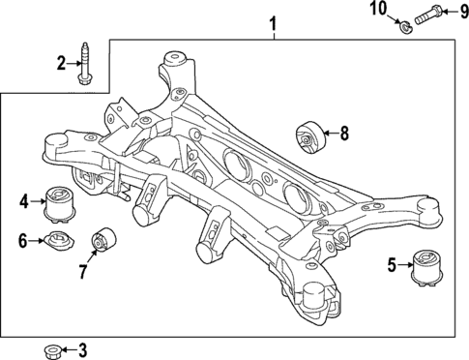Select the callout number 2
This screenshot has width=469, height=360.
pos(61,64)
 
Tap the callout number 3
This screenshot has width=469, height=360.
pos(82,349)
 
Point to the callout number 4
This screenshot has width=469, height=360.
pos(24,202)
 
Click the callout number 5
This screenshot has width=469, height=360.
pos(392,262)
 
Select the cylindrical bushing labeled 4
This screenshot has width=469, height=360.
pos(62,200)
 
